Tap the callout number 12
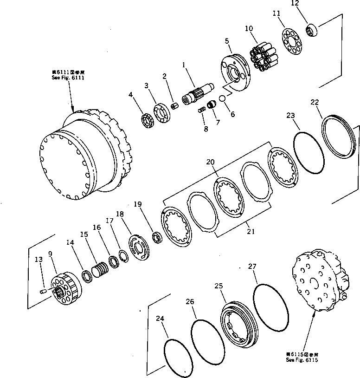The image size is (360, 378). coord(308,4)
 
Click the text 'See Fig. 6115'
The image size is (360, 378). coord(302,359)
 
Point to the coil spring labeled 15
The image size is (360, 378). coord(100,269)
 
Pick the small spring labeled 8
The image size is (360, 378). coord(201,110)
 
